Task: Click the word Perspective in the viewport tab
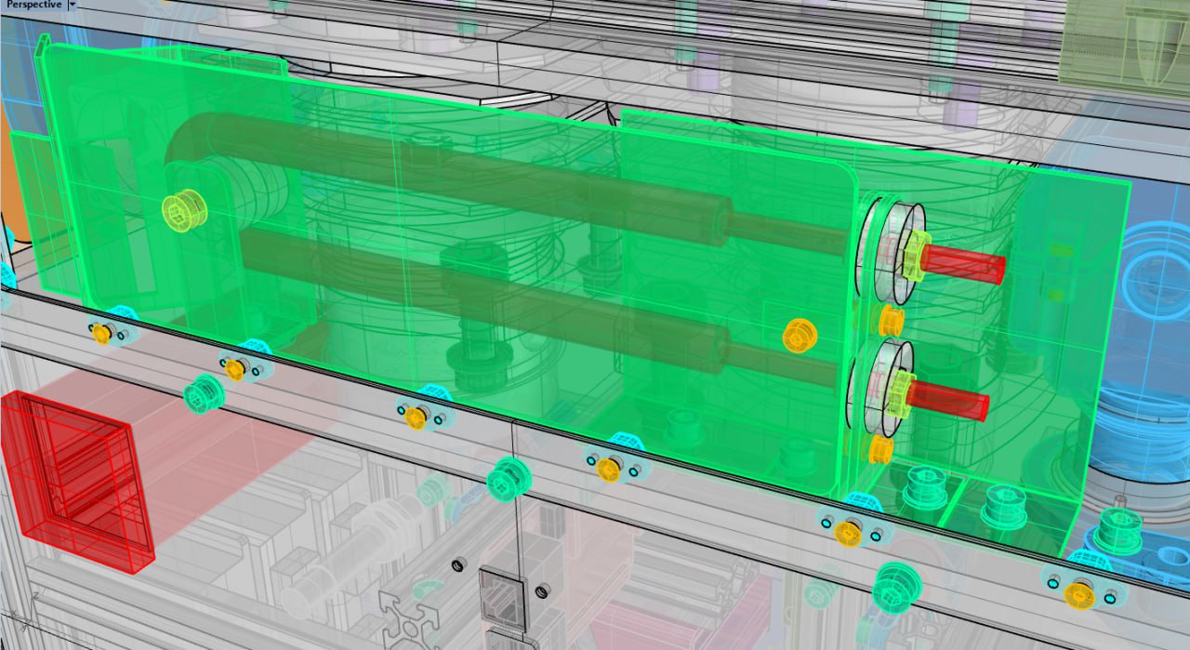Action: coord(33,5)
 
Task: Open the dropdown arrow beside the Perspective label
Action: coord(73,5)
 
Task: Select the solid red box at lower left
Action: coord(77,481)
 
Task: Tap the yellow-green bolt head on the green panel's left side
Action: coord(184,210)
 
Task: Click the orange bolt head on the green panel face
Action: coord(800,336)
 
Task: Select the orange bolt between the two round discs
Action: coord(891,321)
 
